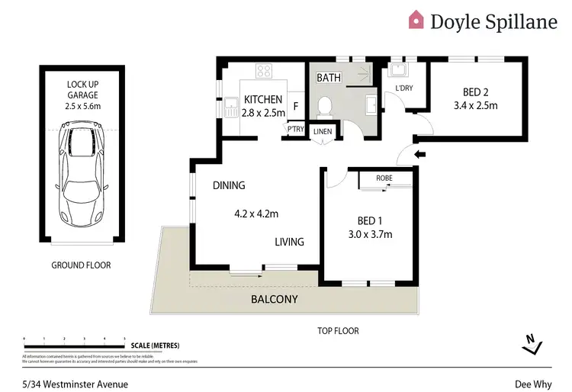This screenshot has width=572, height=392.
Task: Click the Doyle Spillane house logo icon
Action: click(416, 19)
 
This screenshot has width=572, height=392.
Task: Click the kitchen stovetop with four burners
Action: click(265, 71)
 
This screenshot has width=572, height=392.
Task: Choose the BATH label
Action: click(329, 78)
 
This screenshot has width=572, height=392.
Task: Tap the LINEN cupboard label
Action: click(323, 132)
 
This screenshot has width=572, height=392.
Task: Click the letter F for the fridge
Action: click(295, 106)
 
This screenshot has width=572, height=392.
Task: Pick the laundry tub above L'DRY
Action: click(397, 71)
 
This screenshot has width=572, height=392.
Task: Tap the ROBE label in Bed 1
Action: click(385, 178)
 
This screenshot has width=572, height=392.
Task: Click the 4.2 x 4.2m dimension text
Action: click(255, 214)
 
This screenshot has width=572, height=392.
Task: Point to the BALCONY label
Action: click(275, 300)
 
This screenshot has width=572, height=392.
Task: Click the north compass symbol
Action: click(532, 345)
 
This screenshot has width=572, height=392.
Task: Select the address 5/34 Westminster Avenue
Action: click(75, 384)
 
